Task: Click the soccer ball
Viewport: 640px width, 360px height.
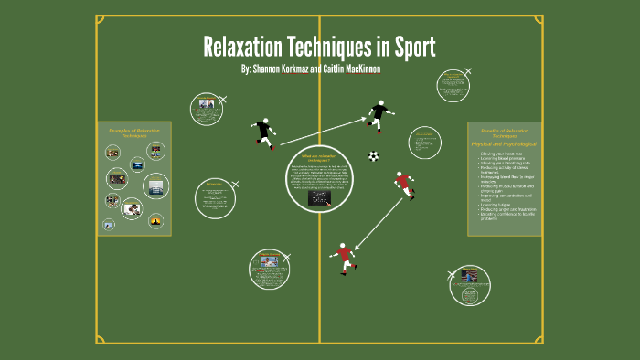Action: [x=373, y=156]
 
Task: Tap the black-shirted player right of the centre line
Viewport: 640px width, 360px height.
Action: [x=378, y=115]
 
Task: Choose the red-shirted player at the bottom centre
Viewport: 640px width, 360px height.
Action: [x=344, y=258]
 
